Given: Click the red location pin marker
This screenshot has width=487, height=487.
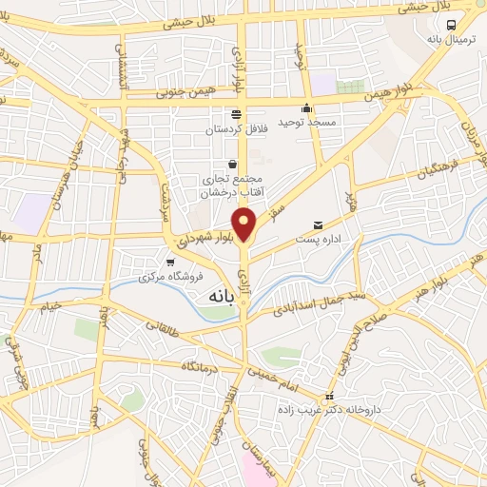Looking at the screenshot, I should pyautogui.click(x=245, y=223).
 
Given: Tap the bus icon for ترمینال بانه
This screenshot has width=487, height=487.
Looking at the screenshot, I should pyautogui.click(x=450, y=26).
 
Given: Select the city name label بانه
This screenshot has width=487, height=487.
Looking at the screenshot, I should pyautogui.click(x=220, y=296).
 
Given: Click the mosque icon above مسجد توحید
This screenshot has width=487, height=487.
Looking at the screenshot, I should pyautogui.click(x=306, y=108).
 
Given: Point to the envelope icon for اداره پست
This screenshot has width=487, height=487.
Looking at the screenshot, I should pyautogui.click(x=318, y=225).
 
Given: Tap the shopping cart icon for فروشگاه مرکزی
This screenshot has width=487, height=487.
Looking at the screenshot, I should pyautogui.click(x=169, y=262).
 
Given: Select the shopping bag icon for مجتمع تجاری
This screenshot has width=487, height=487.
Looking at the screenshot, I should pyautogui.click(x=233, y=164).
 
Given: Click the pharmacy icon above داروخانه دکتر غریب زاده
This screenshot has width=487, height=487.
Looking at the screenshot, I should pyautogui.click(x=329, y=397).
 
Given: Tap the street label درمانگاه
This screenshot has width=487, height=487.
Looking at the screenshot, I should pyautogui.click(x=205, y=365).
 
